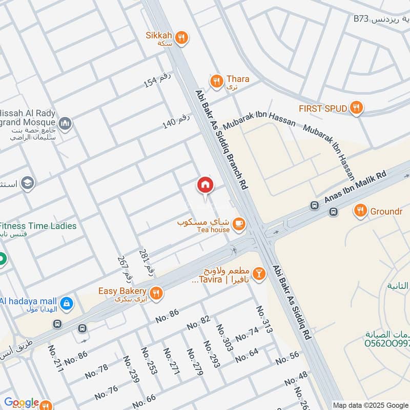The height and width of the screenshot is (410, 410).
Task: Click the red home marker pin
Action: (205, 185)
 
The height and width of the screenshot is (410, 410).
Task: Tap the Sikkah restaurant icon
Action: (181, 37)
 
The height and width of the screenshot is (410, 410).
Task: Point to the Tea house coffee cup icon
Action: (238, 223)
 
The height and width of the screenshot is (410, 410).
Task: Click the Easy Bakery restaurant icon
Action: (157, 293)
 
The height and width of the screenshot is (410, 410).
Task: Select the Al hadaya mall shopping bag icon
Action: (66, 304)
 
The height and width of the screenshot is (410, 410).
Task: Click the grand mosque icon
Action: (65, 123)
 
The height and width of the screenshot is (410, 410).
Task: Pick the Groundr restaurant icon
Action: (361, 210)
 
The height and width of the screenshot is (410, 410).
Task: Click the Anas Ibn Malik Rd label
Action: (355, 189)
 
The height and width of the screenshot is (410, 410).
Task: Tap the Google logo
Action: (22, 403)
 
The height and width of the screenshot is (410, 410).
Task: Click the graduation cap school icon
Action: (28, 183)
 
